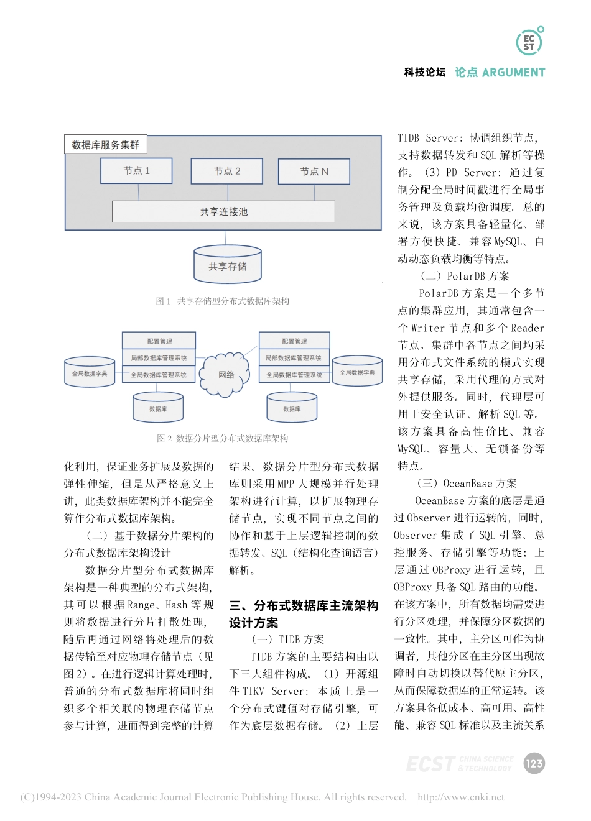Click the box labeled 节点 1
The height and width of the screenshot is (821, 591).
coord(136,171)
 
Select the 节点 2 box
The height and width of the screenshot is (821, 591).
coord(226,171)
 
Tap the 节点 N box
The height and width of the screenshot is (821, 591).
coord(314,172)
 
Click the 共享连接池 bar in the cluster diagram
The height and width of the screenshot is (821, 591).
coord(223,212)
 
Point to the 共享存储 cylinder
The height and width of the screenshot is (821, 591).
coord(227,265)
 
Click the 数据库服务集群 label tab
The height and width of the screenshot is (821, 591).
coord(106,145)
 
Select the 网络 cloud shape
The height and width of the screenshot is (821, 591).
coord(226,375)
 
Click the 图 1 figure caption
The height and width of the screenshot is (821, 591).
coord(222,301)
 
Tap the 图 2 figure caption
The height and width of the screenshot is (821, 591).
coord(222,438)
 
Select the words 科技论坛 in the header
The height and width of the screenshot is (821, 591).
coord(425,73)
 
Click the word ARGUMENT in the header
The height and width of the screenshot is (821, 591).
coord(513,73)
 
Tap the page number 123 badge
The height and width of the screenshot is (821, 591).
coord(534,764)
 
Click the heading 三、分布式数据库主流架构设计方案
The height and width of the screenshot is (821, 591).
coord(304,614)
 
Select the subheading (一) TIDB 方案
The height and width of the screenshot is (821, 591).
coord(288,640)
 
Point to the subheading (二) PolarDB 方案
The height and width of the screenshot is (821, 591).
coord(465,276)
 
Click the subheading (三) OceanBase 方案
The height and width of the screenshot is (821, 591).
coord(467,484)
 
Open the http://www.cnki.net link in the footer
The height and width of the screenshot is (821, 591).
coord(461,797)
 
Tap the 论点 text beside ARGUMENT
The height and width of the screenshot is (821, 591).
coord(466,73)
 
